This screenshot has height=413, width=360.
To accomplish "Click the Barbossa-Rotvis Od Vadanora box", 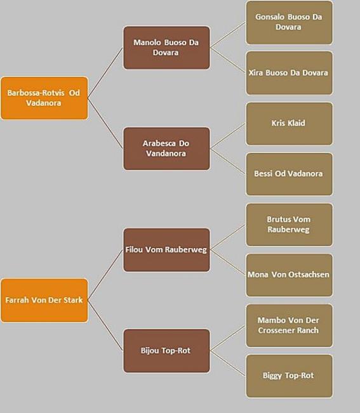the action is (x=44, y=98).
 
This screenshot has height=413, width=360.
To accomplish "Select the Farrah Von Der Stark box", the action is (x=44, y=300).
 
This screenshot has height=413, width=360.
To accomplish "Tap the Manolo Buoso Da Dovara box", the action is (x=166, y=48).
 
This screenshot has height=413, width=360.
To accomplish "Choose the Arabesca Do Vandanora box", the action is (x=166, y=148).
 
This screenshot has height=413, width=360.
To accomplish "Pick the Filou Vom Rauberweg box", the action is (x=166, y=250).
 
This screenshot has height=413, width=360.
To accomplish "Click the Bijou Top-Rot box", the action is (x=166, y=351).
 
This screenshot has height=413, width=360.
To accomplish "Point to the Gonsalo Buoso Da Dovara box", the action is (x=290, y=22).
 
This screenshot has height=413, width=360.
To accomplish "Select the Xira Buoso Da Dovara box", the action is (x=290, y=73).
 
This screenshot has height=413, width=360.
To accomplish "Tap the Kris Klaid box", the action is (x=290, y=124).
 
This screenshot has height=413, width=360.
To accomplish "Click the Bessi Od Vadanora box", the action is (x=290, y=174).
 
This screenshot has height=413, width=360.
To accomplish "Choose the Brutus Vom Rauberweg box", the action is (x=290, y=225).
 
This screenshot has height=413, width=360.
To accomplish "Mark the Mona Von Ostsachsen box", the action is (x=290, y=275).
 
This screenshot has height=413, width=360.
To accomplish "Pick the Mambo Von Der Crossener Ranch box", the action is (x=290, y=325).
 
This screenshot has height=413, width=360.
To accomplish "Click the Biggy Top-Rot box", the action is (x=290, y=376).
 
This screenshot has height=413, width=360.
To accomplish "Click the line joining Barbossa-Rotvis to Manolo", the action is (x=105, y=73).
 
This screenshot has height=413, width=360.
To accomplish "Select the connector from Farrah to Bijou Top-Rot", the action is (x=105, y=325).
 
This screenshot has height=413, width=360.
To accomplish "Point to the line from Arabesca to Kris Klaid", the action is (x=228, y=136).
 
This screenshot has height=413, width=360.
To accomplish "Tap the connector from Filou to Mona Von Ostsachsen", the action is (x=228, y=263).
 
